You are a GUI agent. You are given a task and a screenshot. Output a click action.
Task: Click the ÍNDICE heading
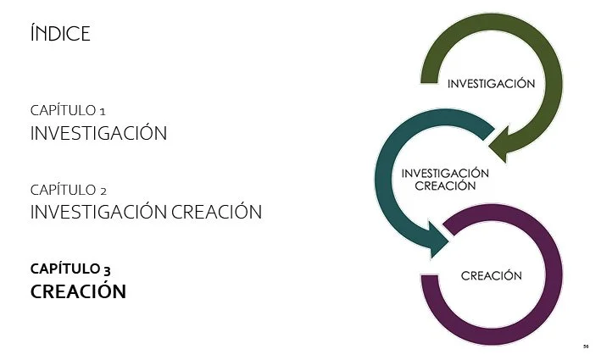59,34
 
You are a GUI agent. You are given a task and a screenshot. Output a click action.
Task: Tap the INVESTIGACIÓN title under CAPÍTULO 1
98,134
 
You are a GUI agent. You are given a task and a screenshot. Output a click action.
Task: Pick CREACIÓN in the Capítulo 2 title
216,212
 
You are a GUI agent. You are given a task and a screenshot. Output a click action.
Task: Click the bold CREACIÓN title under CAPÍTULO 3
78,291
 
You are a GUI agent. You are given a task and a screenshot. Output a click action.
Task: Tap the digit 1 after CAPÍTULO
102,111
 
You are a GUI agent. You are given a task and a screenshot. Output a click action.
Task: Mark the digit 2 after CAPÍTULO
102,191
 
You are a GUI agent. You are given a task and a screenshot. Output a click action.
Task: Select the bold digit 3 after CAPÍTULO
107,270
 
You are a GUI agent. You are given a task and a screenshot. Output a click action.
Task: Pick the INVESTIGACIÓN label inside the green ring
491,84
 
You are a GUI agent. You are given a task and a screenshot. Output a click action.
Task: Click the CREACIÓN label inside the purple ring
491,276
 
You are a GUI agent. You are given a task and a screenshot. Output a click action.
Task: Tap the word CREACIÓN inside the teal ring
445,186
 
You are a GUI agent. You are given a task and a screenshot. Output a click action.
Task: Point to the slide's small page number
586,346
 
